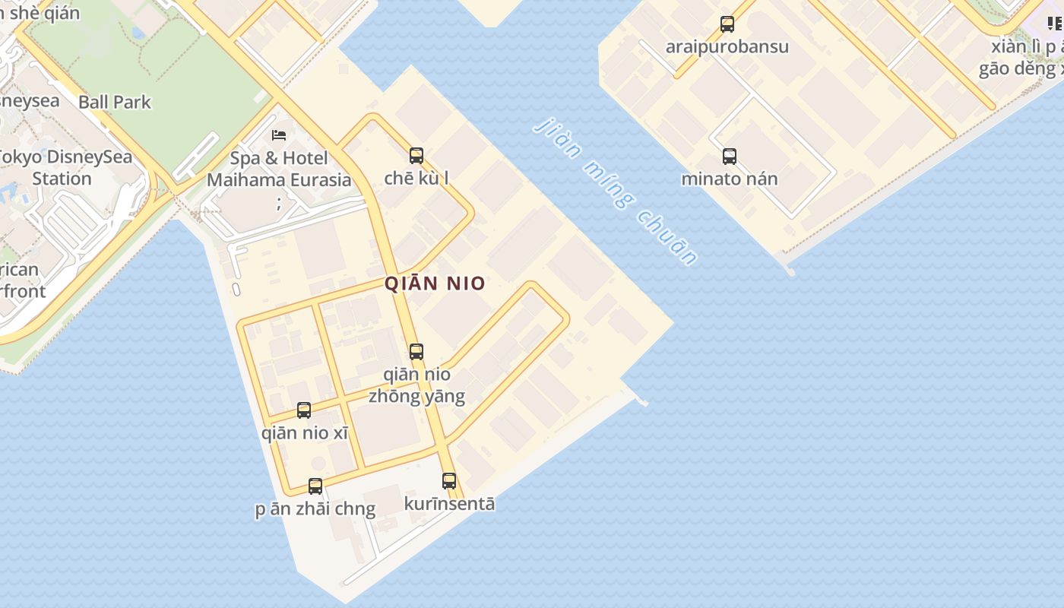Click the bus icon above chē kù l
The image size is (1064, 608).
(x=416, y=156)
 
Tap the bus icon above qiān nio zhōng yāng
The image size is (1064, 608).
(x=416, y=352)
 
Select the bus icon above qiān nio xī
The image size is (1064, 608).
(x=304, y=410)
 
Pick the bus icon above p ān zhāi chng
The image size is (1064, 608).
(x=315, y=486)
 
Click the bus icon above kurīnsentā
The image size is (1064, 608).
(x=449, y=481)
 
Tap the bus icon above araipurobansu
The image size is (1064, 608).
(x=727, y=24)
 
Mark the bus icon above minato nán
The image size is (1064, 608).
(x=730, y=157)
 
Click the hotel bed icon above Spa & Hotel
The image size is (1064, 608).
(x=279, y=135)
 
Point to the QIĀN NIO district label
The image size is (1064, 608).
(x=435, y=283)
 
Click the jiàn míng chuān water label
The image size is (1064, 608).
(x=615, y=192)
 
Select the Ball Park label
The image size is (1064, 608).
(x=115, y=102)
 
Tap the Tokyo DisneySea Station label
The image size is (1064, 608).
(x=64, y=168)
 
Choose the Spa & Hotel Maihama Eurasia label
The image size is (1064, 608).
(x=279, y=169)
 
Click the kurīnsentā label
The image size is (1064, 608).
(x=449, y=504)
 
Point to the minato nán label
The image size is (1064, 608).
(x=730, y=179)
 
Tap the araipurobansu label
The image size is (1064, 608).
(x=727, y=47)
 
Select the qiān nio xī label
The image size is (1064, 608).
(x=305, y=433)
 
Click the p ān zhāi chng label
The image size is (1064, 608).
(x=315, y=509)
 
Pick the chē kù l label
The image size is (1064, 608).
(x=416, y=179)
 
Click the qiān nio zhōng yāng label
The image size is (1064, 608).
(x=416, y=385)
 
